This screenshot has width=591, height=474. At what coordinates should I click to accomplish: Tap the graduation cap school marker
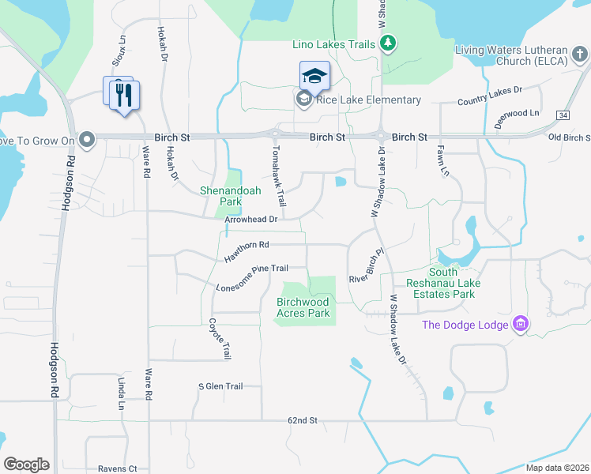[x=314, y=76]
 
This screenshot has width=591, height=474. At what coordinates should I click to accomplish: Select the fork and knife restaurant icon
[x=124, y=95]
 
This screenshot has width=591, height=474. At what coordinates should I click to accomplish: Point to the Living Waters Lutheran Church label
[x=522, y=56]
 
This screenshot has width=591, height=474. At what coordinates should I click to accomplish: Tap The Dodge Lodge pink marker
[x=520, y=324]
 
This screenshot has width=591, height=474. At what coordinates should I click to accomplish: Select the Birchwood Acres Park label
[x=303, y=307]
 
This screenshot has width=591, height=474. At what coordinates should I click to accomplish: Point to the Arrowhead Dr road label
[x=250, y=220]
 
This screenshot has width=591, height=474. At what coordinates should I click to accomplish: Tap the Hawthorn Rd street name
[x=247, y=252]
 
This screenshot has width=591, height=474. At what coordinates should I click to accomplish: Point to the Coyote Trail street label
[x=219, y=339]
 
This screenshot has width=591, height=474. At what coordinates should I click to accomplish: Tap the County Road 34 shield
[x=562, y=115]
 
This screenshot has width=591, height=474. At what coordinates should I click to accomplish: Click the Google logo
[x=26, y=464]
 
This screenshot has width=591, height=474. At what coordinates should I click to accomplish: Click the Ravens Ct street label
[x=117, y=468]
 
